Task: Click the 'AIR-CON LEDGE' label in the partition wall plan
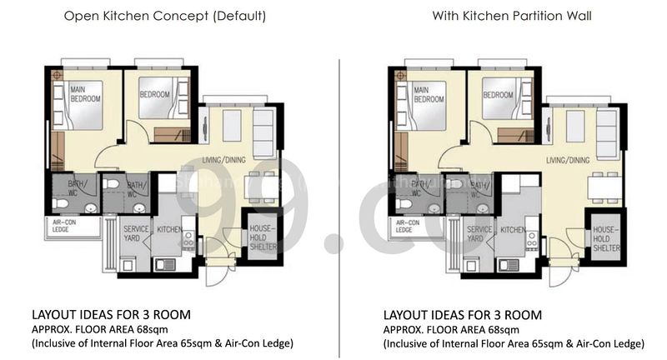coord(408,227)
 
